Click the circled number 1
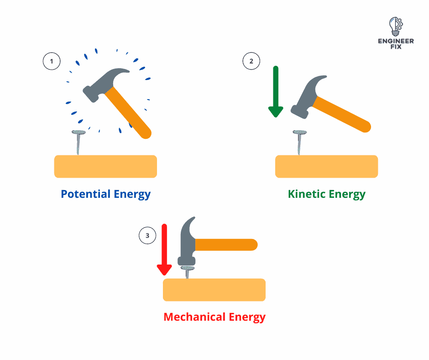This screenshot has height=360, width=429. (x=52, y=61)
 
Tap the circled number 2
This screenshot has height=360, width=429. (x=251, y=61)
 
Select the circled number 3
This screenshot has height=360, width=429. (x=147, y=235)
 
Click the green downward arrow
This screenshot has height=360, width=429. (x=276, y=91)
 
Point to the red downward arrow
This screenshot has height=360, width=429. (x=164, y=249)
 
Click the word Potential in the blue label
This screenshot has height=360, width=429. (x=85, y=194)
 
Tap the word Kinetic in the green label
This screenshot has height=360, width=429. (x=306, y=194)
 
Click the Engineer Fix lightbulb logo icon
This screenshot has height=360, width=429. (x=396, y=26)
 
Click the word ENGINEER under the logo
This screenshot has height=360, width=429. (x=396, y=41)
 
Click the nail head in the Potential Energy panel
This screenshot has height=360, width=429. (x=79, y=132)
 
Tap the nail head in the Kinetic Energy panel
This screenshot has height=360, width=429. (x=300, y=132)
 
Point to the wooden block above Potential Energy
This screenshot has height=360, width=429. (x=105, y=166)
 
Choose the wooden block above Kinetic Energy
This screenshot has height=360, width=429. (x=326, y=166)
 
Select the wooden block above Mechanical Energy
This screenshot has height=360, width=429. (x=214, y=290)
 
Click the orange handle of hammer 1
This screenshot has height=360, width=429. (x=128, y=112)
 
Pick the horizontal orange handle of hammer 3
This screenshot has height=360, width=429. (x=226, y=245)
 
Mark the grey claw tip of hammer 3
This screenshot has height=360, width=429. (x=194, y=217)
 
